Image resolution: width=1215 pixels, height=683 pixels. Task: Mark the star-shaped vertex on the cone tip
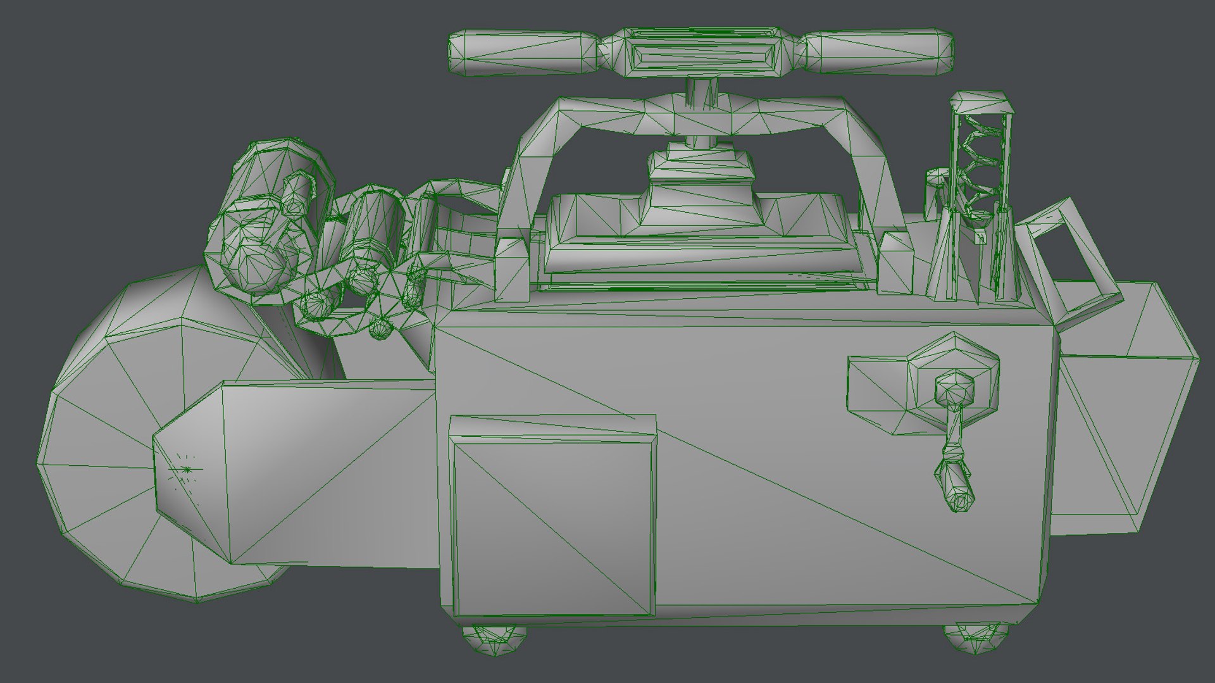[187, 469]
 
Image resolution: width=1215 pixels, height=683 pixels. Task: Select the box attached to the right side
[1126, 411]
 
